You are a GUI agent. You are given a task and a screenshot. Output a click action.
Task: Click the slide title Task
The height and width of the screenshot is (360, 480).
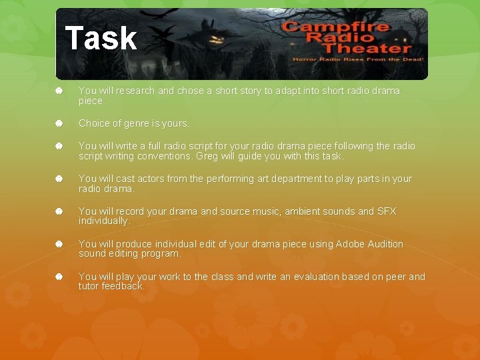click(101, 38)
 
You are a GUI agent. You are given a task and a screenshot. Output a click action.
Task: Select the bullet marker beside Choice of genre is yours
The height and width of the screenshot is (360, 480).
click(59, 123)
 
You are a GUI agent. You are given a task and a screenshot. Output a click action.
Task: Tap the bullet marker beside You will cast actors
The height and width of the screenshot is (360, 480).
click(59, 179)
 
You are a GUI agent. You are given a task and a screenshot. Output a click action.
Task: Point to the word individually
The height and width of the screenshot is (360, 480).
click(103, 221)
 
